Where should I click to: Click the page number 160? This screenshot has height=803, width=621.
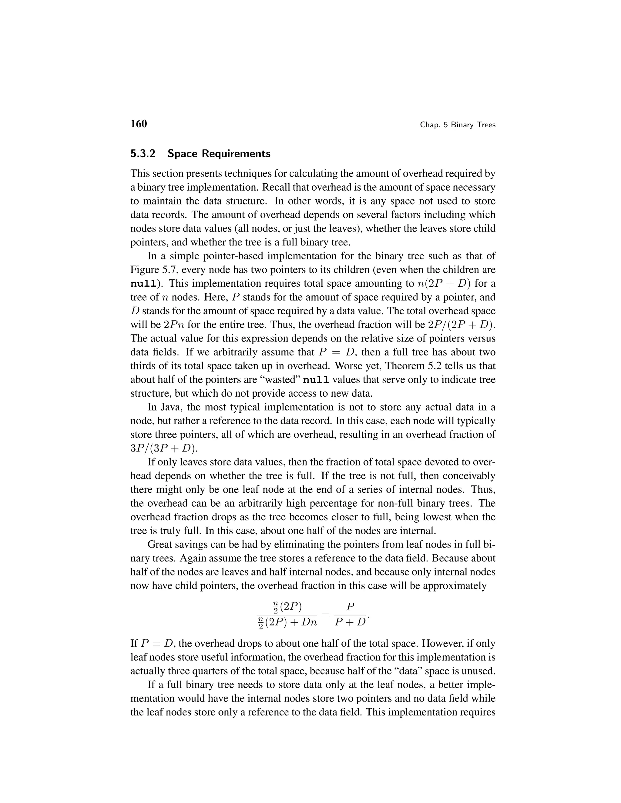pos(139,124)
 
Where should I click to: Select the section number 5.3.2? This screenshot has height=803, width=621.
pos(143,154)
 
